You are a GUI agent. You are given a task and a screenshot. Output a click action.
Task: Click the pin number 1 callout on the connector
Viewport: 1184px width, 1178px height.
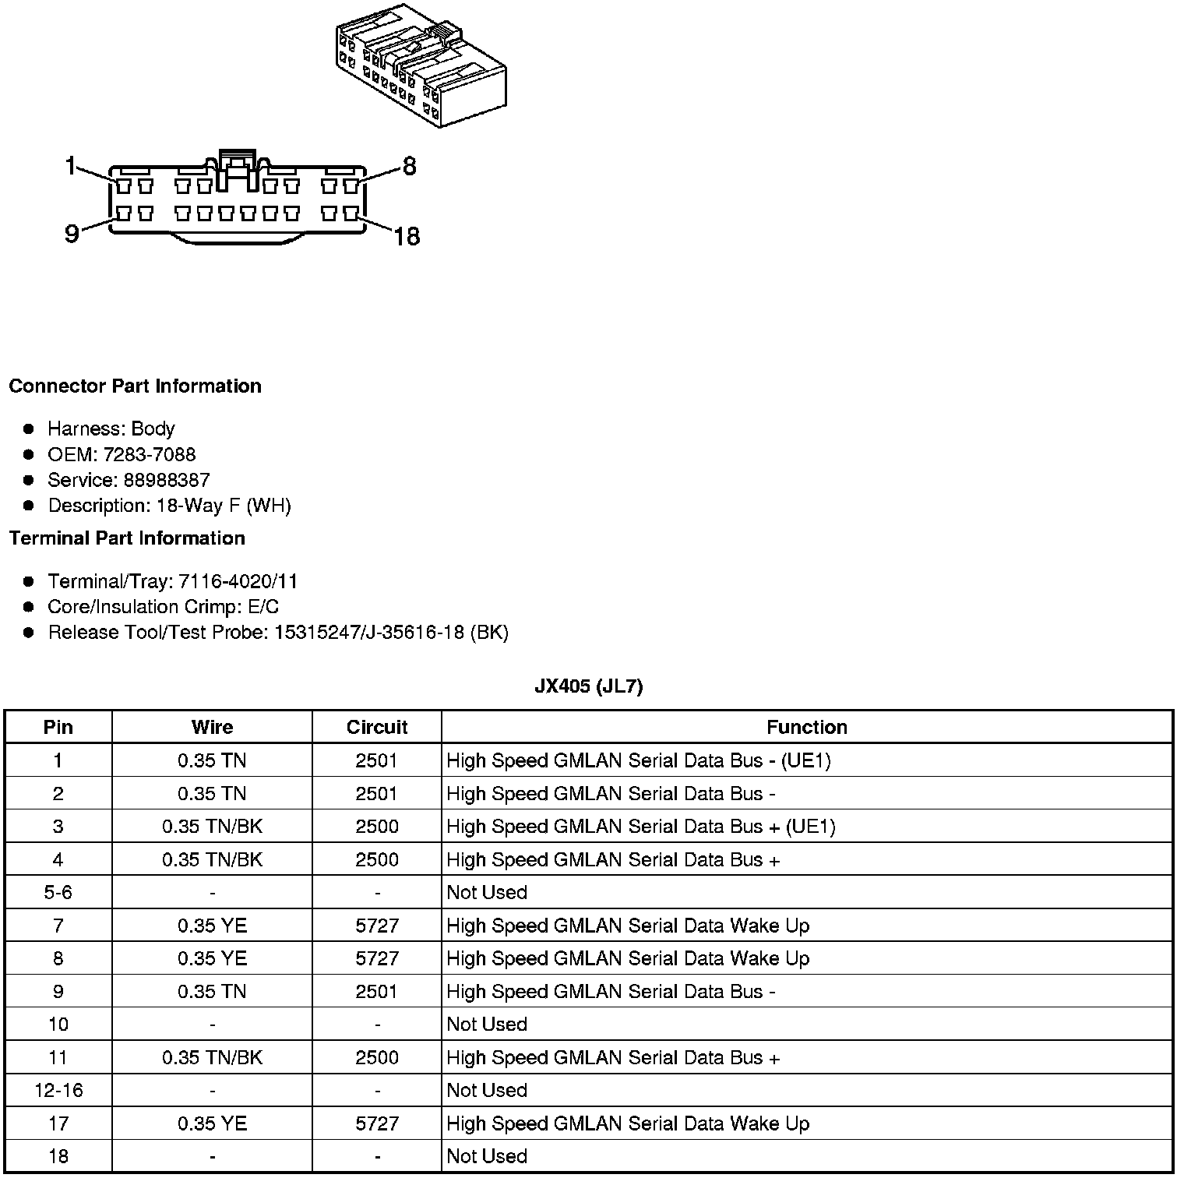(x=71, y=166)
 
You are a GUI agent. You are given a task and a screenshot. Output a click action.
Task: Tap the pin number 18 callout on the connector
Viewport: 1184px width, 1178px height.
(x=407, y=235)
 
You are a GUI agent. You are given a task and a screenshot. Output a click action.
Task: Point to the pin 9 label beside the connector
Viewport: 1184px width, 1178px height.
(x=72, y=233)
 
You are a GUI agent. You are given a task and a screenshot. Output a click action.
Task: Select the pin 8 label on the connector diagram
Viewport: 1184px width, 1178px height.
(x=409, y=166)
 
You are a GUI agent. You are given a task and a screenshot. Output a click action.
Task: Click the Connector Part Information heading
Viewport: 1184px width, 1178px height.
(x=135, y=386)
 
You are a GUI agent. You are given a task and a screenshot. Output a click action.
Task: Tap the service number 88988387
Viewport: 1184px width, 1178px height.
(x=167, y=480)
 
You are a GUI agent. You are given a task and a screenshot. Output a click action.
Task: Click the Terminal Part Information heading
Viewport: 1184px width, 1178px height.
(x=127, y=538)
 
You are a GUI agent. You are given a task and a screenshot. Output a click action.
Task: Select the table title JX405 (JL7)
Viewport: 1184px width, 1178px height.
(x=589, y=686)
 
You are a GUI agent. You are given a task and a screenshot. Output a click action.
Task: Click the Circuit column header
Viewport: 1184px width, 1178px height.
(x=377, y=727)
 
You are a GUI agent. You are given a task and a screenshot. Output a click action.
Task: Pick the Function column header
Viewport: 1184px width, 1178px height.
(x=806, y=727)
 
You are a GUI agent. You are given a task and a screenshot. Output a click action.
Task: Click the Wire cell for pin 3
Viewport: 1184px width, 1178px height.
(x=212, y=827)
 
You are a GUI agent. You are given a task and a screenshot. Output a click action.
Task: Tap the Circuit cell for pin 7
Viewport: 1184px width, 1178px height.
(x=377, y=926)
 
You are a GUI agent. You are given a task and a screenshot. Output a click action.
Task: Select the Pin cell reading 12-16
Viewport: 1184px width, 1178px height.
(x=58, y=1090)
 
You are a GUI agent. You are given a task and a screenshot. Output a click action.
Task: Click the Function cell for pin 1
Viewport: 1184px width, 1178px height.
(x=639, y=760)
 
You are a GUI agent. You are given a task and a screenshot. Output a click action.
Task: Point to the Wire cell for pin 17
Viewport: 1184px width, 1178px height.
(x=212, y=1123)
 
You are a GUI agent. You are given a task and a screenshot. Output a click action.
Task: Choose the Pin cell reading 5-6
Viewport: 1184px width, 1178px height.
(x=58, y=892)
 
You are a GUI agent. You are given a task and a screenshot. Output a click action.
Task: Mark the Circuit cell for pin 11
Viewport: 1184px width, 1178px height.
(x=377, y=1057)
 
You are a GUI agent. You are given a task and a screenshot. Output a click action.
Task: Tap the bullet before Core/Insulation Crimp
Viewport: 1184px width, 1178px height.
(x=29, y=607)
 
